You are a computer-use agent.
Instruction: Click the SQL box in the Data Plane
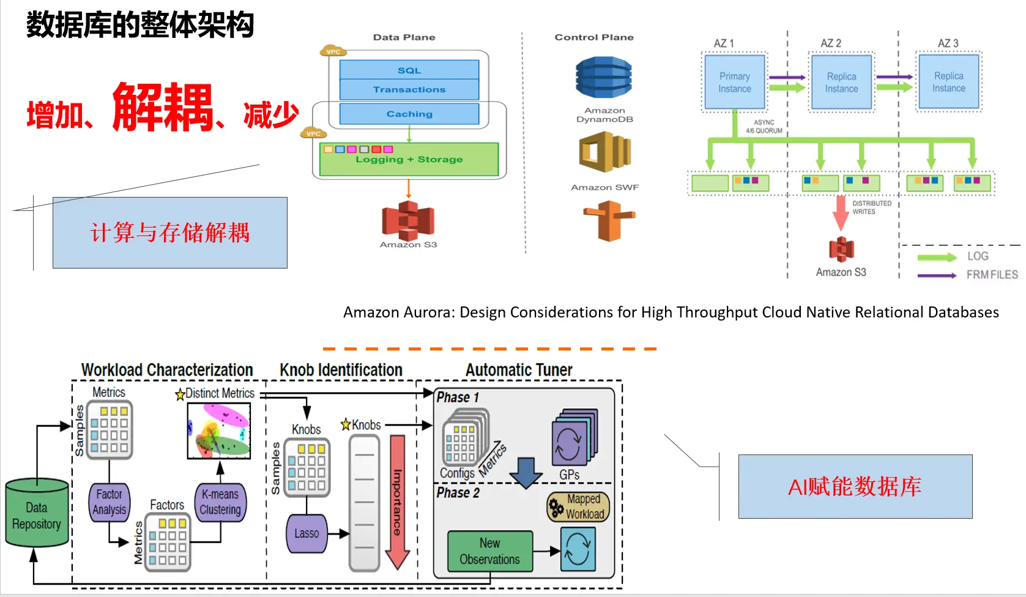[409, 70]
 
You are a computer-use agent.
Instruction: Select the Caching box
[409, 114]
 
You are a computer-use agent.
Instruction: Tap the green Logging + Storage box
[409, 160]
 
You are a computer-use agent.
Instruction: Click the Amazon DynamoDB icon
[603, 78]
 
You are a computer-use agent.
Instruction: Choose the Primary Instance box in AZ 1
[735, 83]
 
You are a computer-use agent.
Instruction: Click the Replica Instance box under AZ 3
[948, 82]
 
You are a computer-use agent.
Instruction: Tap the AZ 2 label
[831, 43]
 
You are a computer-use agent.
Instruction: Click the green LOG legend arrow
[937, 257]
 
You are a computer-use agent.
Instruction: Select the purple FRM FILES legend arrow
[937, 276]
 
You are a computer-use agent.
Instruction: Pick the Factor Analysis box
[110, 502]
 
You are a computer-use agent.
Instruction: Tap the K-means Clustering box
[220, 502]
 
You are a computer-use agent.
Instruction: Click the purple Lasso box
[307, 533]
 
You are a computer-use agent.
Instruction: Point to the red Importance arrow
[398, 502]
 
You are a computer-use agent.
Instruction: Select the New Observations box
[489, 551]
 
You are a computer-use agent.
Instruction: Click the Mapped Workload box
[579, 507]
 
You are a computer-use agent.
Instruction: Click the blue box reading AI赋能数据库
[855, 487]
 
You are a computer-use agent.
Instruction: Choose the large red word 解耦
[163, 108]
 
